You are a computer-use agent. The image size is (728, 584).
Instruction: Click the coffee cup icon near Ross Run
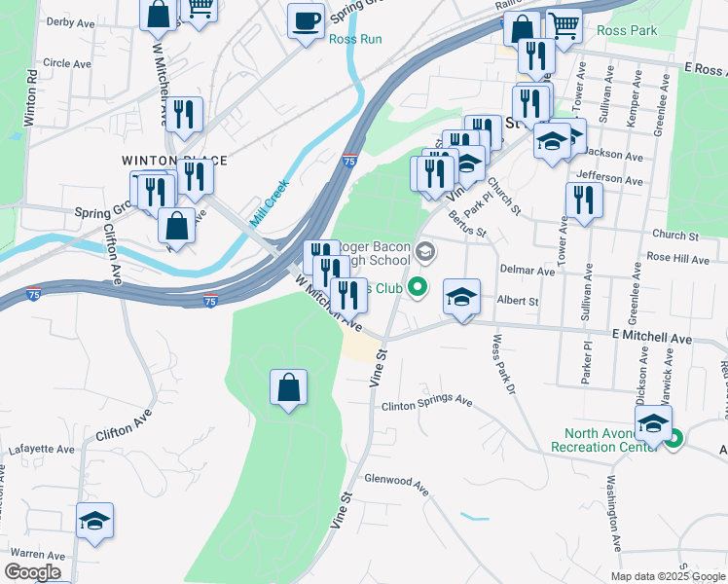[x=307, y=21]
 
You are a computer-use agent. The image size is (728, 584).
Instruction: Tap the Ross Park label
[x=628, y=30]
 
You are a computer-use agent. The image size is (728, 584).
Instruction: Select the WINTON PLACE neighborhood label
[x=174, y=160]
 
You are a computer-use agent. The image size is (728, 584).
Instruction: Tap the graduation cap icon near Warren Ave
[x=95, y=522]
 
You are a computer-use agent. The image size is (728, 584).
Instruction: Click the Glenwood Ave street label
[x=396, y=481]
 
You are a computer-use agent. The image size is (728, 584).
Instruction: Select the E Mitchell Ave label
[x=652, y=339]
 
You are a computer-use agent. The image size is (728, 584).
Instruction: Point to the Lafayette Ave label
[x=41, y=450]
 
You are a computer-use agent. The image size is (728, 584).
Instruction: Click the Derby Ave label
[x=69, y=21]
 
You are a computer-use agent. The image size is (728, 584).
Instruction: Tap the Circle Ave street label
[x=67, y=63]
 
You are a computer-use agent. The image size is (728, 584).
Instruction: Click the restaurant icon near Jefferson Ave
[x=583, y=201]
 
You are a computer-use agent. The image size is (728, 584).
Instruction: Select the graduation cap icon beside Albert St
[x=461, y=296]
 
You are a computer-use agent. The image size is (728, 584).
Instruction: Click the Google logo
[x=32, y=572]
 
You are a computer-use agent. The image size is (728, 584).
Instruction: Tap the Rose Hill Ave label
[x=677, y=258]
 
